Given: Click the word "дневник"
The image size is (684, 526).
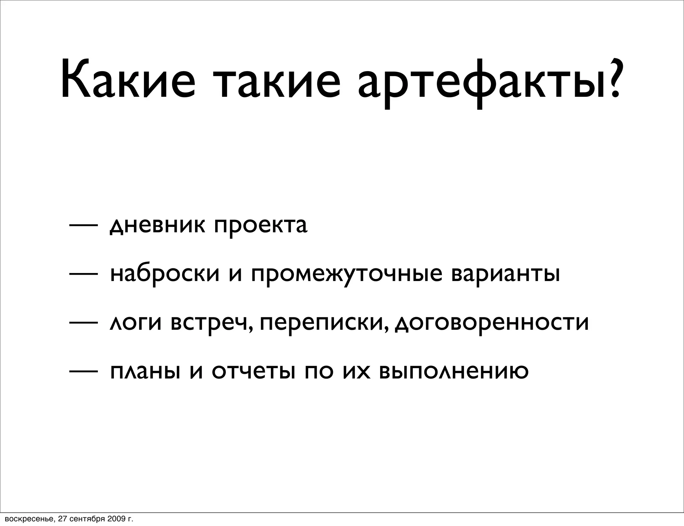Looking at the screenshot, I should coord(157,226).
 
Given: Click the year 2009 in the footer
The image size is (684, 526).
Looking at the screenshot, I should coord(116,519).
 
